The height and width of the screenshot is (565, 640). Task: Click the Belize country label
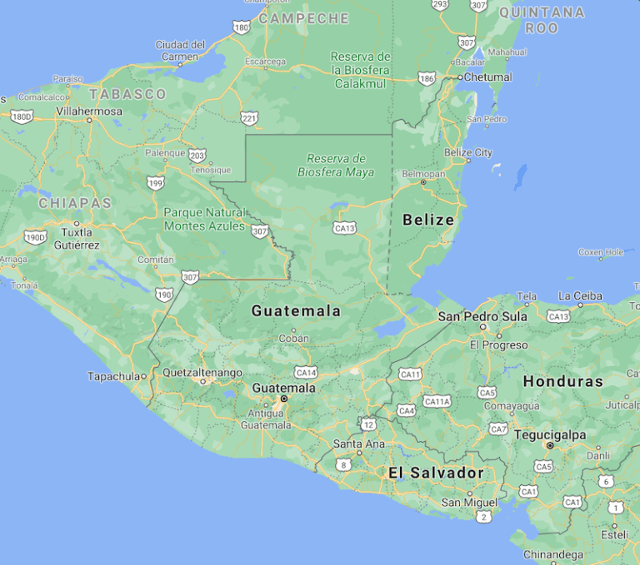click(428, 221)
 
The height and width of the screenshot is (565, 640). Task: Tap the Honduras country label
click(562, 381)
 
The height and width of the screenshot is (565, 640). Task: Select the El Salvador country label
click(436, 473)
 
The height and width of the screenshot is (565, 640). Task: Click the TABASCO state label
click(128, 94)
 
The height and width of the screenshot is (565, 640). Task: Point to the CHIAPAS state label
click(75, 203)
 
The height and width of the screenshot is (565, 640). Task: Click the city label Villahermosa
click(89, 111)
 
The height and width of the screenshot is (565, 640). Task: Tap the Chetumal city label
click(488, 77)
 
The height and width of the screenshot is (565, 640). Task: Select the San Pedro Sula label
click(483, 316)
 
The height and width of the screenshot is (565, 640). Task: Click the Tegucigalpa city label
click(550, 434)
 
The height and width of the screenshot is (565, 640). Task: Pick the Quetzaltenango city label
click(202, 372)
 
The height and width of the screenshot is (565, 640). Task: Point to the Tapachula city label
click(114, 376)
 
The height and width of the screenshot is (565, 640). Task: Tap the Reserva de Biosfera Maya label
click(336, 166)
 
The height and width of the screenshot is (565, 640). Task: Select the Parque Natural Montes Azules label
click(204, 219)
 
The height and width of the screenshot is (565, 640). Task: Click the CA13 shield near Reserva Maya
click(344, 227)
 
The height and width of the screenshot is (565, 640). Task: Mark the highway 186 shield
click(427, 78)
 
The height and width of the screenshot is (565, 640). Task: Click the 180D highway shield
click(21, 116)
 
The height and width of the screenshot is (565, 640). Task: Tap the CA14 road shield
click(306, 372)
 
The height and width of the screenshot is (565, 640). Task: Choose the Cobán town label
click(293, 339)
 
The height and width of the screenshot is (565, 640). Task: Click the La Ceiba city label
click(580, 295)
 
